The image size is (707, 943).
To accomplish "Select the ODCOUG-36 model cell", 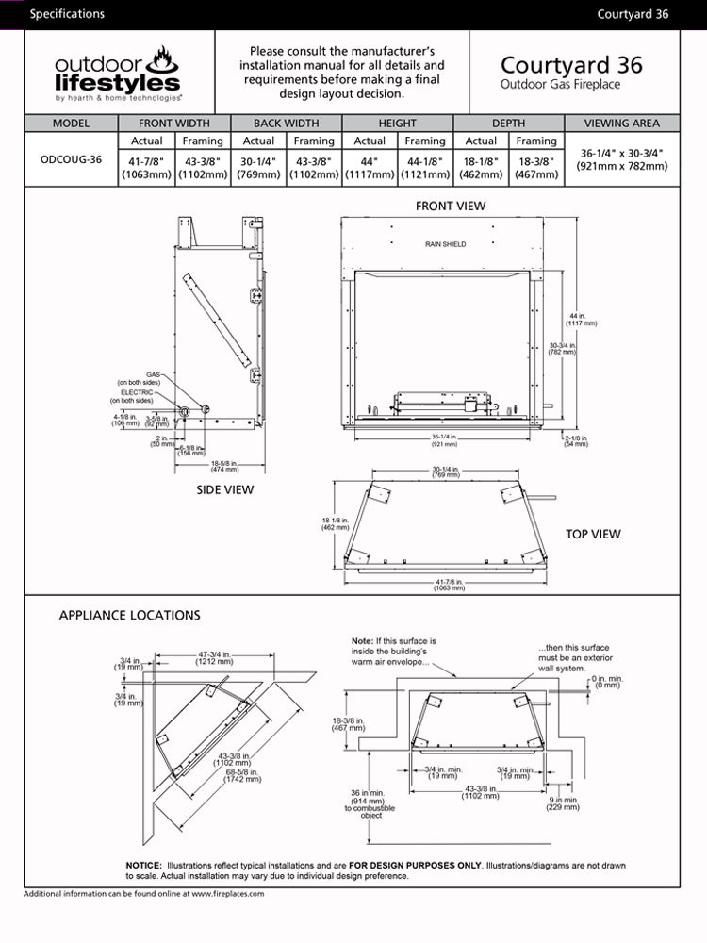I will point(71,159).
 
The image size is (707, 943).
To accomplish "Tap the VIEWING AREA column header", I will point(621,124).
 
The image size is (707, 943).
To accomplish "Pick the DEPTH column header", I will point(508,124).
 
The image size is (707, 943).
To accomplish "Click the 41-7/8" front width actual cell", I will point(146,167).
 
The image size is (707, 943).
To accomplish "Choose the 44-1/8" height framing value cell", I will point(424,167).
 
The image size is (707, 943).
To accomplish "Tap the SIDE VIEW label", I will point(224,489).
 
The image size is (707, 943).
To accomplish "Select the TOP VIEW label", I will point(593,534).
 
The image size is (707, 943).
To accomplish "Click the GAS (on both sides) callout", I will point(135,378).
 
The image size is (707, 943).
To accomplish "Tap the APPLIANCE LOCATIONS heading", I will point(129,616).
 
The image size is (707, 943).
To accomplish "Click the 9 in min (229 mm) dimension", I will point(564,803).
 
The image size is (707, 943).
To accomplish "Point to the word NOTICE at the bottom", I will point(144,865).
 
